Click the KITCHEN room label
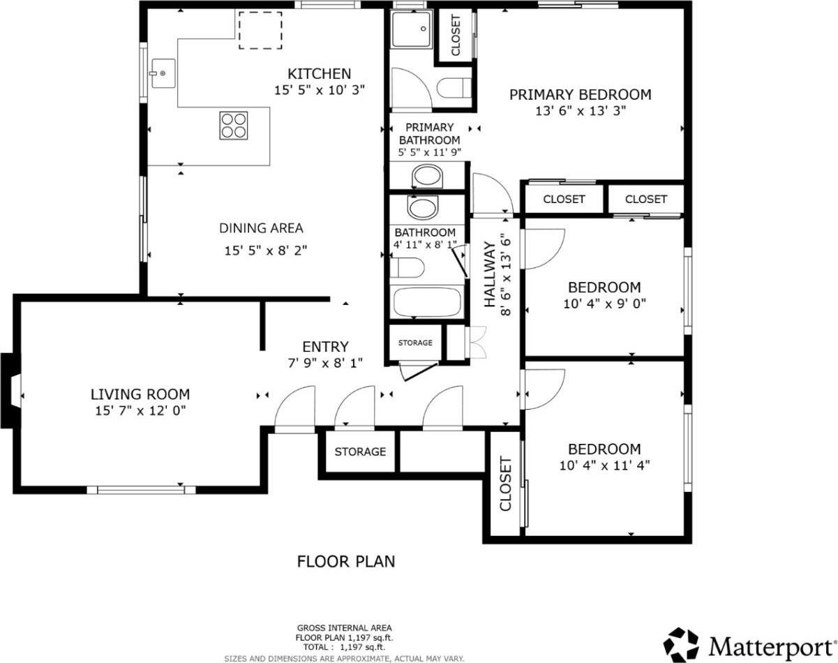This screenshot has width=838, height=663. coord(319,73)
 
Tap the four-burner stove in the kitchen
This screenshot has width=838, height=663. coord(234,126)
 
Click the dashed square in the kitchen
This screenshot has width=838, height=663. coord(260,30)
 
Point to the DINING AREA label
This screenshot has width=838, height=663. coord(261,228)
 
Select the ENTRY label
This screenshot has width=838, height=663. coord(324,347)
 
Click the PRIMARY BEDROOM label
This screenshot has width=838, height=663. coord(580,94)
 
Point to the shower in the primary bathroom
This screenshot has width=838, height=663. coord(411,28)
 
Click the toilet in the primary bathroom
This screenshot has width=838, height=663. coord(454,90)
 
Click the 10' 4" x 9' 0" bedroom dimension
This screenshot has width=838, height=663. coord(604,304)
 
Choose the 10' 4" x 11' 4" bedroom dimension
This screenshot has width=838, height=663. coord(604,465)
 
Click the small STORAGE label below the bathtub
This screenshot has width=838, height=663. coord(415,343)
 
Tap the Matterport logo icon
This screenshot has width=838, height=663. coord(681,643)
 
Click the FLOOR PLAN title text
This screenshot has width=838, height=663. coord(346,561)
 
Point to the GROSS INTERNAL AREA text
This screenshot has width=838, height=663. coord(345,627)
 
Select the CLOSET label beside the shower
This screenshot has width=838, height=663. coord(456,36)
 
